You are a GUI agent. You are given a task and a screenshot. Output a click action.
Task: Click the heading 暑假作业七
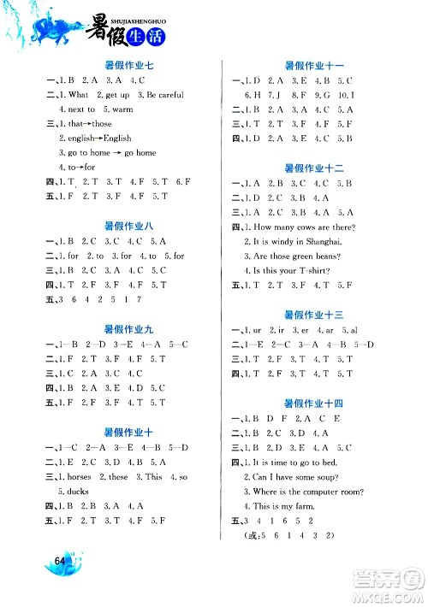tap(128, 63)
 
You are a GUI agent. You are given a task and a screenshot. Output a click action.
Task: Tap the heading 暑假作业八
tap(128, 226)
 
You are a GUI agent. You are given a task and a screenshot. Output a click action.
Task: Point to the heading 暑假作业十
tap(128, 431)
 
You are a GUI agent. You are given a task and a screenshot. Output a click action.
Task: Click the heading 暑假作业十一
tap(313, 64)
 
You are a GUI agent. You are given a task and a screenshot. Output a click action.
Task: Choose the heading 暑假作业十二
tap(313, 167)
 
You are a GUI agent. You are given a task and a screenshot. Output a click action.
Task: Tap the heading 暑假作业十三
tap(313, 315)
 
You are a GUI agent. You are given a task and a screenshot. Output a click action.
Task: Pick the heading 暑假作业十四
tap(313, 403)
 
